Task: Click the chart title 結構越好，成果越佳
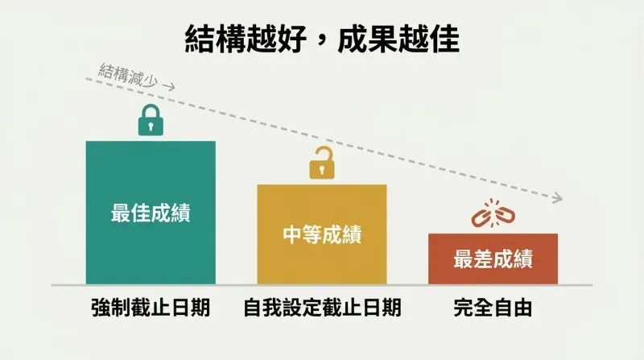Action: tap(322, 39)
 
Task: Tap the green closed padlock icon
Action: tap(151, 120)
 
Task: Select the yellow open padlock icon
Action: tap(322, 163)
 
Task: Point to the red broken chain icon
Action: tap(493, 213)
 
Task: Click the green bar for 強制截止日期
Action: tap(151, 213)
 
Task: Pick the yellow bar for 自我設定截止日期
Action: tap(322, 234)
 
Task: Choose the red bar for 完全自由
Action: tap(493, 259)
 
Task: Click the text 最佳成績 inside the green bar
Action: tap(151, 213)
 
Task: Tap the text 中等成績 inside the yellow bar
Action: tap(322, 234)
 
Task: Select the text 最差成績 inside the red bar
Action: tap(493, 259)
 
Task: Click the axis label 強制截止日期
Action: tap(151, 308)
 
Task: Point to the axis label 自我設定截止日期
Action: tap(322, 308)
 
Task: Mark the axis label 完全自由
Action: tap(493, 308)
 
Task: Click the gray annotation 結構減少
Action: tap(128, 75)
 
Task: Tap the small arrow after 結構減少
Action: tap(169, 86)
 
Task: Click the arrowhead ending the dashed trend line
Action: tap(558, 197)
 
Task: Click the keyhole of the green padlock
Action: tap(151, 126)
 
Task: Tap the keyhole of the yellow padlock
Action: tap(322, 169)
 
